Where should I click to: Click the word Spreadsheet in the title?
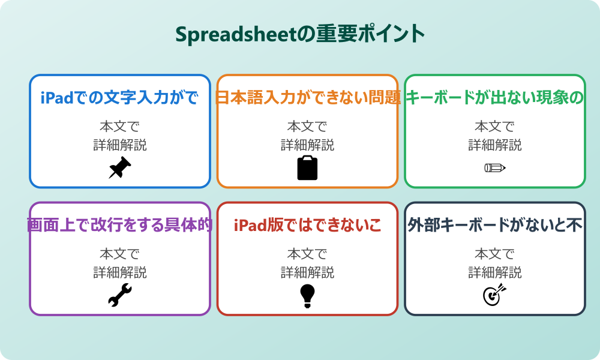point(236,34)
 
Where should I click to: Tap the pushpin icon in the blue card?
point(120,167)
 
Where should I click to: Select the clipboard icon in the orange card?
point(307,168)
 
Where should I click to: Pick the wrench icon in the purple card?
point(120,295)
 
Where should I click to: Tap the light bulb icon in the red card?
point(307,295)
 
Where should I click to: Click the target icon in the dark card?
point(495,295)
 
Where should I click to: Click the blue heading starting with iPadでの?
point(120,97)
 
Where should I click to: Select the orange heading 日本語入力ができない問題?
point(307,97)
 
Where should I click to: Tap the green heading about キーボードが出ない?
point(495,97)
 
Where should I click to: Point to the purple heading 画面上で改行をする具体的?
point(120,225)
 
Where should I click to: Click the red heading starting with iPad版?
point(307,225)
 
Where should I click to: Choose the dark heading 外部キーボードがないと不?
point(495,225)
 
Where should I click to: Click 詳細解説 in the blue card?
point(120,145)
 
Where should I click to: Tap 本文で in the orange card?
point(307,127)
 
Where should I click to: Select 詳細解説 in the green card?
point(495,145)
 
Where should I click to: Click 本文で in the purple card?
point(120,254)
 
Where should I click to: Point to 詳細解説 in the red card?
point(307,272)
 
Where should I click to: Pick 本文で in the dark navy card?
point(495,254)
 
